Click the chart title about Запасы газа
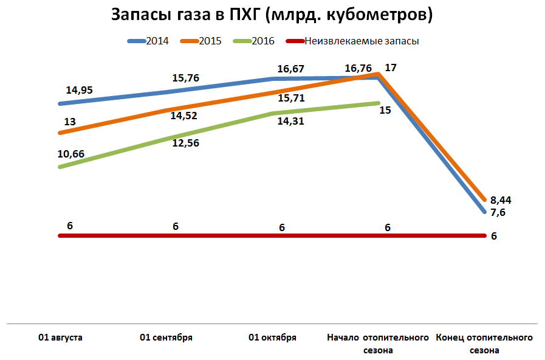tap(272, 15)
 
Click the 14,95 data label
tap(79, 90)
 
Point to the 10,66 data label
tap(70, 154)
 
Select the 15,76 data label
tap(186, 78)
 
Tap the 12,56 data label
tap(186, 144)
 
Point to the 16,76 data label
tap(358, 68)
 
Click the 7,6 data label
tap(498, 212)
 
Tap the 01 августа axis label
tap(60, 337)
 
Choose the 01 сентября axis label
tap(166, 337)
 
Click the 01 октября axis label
tap(273, 337)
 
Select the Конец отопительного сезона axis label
tap(484, 344)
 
